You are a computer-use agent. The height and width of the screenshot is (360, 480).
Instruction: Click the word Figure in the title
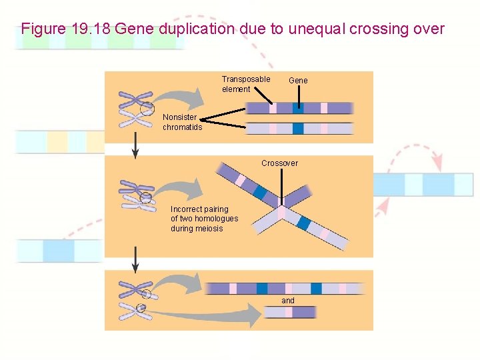pos(43,29)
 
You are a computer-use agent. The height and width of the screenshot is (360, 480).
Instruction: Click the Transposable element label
pos(245,84)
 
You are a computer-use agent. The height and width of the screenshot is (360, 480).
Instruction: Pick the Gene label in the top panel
pos(298,81)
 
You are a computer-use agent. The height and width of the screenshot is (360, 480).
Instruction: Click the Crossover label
pos(279,163)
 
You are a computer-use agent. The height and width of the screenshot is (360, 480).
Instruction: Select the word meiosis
pos(209,229)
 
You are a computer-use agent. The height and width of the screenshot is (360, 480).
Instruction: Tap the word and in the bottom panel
pos(287,301)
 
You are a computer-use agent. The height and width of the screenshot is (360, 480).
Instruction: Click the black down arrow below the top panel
pos(135,145)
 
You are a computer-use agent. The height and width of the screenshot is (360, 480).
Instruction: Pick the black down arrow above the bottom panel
pos(135,260)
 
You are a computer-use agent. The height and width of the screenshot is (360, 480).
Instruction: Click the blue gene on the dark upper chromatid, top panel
pos(299,108)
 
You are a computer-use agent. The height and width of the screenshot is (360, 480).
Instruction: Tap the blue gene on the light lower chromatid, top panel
pos(297,129)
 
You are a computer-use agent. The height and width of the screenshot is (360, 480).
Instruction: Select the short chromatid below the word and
pos(289,312)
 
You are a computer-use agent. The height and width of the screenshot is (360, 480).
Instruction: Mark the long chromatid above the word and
pos(285,289)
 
